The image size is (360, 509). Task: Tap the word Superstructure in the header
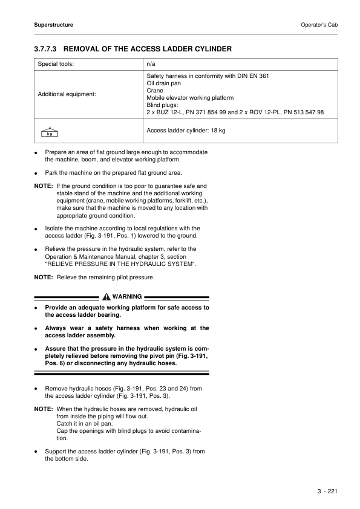tap(54, 25)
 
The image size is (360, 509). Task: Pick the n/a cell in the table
tap(152, 63)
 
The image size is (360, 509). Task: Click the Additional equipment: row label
tap(67, 94)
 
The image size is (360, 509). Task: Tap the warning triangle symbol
tap(106, 297)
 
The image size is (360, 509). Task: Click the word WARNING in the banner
tap(127, 297)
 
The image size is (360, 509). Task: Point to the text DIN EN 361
tap(251, 76)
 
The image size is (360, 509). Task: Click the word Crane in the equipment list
tap(155, 91)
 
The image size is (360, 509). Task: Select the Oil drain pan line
tap(164, 83)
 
